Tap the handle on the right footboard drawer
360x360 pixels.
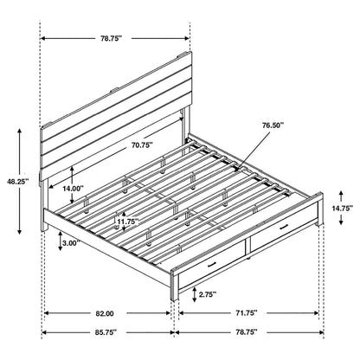coord(281,250)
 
